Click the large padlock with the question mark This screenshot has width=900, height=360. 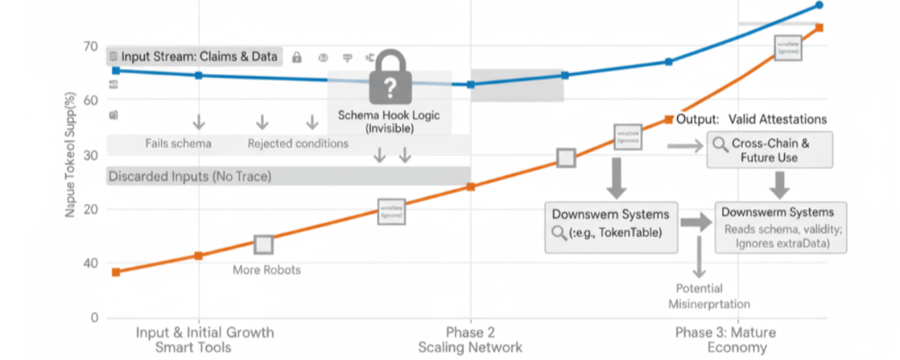point(389,79)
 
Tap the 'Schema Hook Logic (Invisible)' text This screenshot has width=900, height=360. point(389,121)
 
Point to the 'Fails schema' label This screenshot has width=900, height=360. point(179,143)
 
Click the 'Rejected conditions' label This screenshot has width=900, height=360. point(297,143)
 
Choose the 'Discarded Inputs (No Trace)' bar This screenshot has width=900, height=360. point(288,176)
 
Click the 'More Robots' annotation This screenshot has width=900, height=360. point(266,270)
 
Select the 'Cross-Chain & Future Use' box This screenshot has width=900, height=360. point(769,150)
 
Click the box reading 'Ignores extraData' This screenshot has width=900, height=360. point(781,227)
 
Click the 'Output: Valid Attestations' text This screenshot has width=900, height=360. point(751,120)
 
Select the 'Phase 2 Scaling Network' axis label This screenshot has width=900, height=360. point(470,340)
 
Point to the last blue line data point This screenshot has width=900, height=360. point(819,5)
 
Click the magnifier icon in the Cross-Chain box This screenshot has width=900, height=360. point(721,144)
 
